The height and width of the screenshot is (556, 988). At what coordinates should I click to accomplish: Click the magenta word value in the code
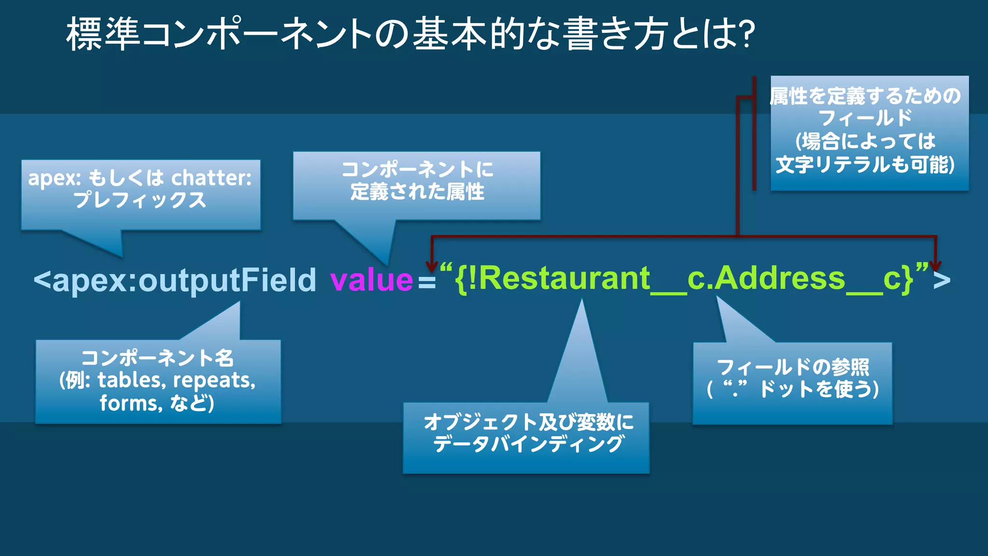[x=371, y=280]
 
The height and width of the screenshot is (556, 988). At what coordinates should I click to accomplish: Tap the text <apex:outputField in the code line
[x=175, y=280]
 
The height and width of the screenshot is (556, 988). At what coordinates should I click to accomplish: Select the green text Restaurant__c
[x=583, y=278]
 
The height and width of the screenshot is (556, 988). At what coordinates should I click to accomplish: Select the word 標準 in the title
[x=103, y=34]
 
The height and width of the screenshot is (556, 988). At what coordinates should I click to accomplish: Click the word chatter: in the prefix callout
[x=212, y=178]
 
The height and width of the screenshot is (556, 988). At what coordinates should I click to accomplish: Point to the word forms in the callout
[x=128, y=403]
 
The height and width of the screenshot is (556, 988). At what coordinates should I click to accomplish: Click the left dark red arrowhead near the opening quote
[x=432, y=266]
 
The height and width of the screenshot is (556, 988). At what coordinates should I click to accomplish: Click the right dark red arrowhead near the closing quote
[x=935, y=266]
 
